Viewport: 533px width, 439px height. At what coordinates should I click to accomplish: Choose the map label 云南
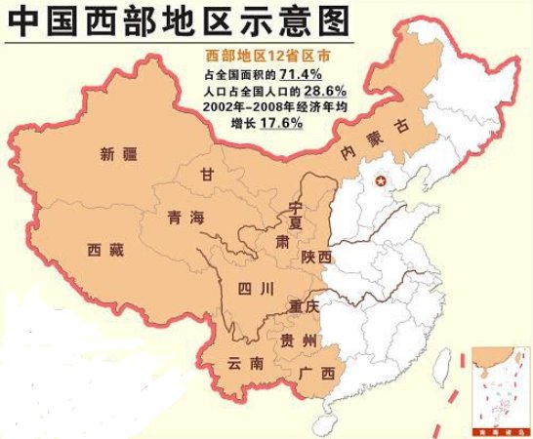(244, 363)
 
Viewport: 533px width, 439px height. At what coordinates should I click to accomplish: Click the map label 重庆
(305, 306)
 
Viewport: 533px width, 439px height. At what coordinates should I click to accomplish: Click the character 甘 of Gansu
(206, 175)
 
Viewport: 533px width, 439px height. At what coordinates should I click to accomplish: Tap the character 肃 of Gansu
(281, 241)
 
